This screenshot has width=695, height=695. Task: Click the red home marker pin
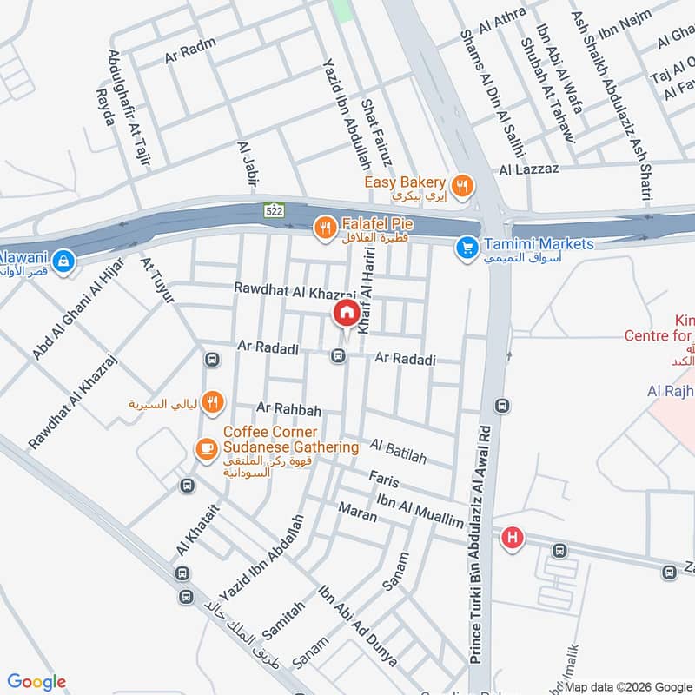(346, 313)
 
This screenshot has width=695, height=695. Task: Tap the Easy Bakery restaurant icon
(462, 183)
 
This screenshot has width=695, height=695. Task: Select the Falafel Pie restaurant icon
(325, 228)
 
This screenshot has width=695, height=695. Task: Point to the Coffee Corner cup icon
(206, 447)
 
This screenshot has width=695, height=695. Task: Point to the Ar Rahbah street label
(289, 408)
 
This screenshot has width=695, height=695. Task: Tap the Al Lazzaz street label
(529, 169)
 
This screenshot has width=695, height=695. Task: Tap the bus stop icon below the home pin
(338, 355)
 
